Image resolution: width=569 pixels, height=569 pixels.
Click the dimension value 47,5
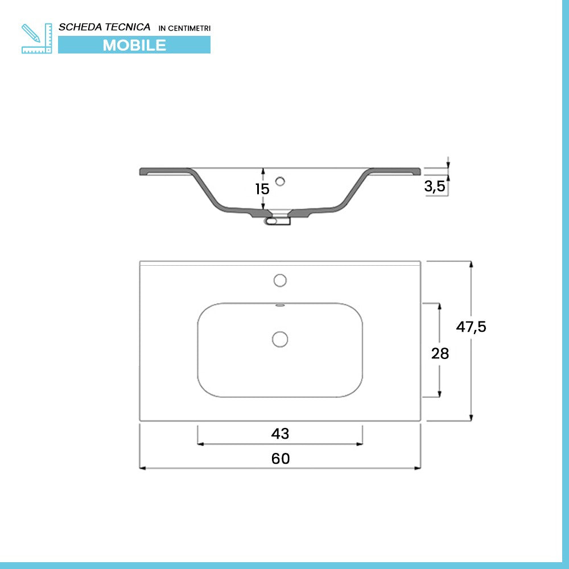(471, 327)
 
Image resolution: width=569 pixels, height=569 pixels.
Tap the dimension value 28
(440, 353)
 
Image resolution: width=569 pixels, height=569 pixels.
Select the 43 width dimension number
(280, 433)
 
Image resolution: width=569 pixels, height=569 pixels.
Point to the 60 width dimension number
(281, 459)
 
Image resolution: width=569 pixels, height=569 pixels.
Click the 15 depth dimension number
(262, 189)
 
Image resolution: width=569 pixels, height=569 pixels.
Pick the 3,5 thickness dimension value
(434, 186)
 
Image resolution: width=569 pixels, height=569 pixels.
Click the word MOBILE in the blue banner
(134, 46)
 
